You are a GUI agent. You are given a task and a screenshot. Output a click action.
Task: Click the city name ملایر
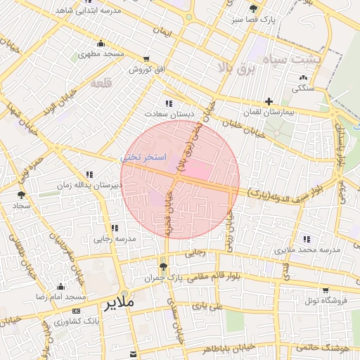click(x=119, y=305)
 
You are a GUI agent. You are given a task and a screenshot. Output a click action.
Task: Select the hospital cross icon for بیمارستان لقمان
click(x=269, y=101)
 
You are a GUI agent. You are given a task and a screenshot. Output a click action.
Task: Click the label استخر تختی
click(x=143, y=157)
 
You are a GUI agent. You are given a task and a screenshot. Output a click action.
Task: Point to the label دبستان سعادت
click(x=169, y=114)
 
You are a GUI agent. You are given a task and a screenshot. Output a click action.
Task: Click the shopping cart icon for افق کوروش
click(x=146, y=59)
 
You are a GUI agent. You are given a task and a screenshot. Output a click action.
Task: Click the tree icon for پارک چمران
click(x=163, y=266)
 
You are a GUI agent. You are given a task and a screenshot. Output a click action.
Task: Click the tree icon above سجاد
click(x=20, y=195)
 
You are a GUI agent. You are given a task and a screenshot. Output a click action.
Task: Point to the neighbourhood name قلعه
click(x=102, y=83)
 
